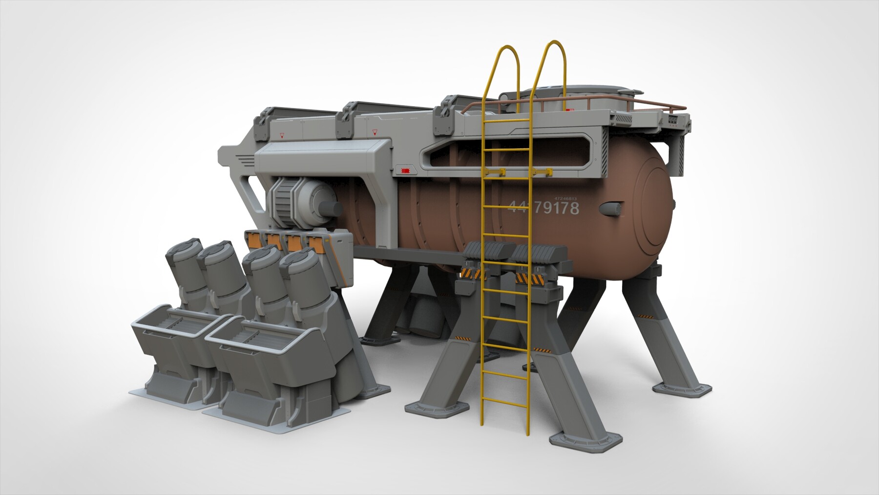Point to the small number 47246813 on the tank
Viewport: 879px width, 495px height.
pos(566,199)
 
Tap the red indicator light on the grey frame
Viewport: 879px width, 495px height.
pos(404,171)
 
